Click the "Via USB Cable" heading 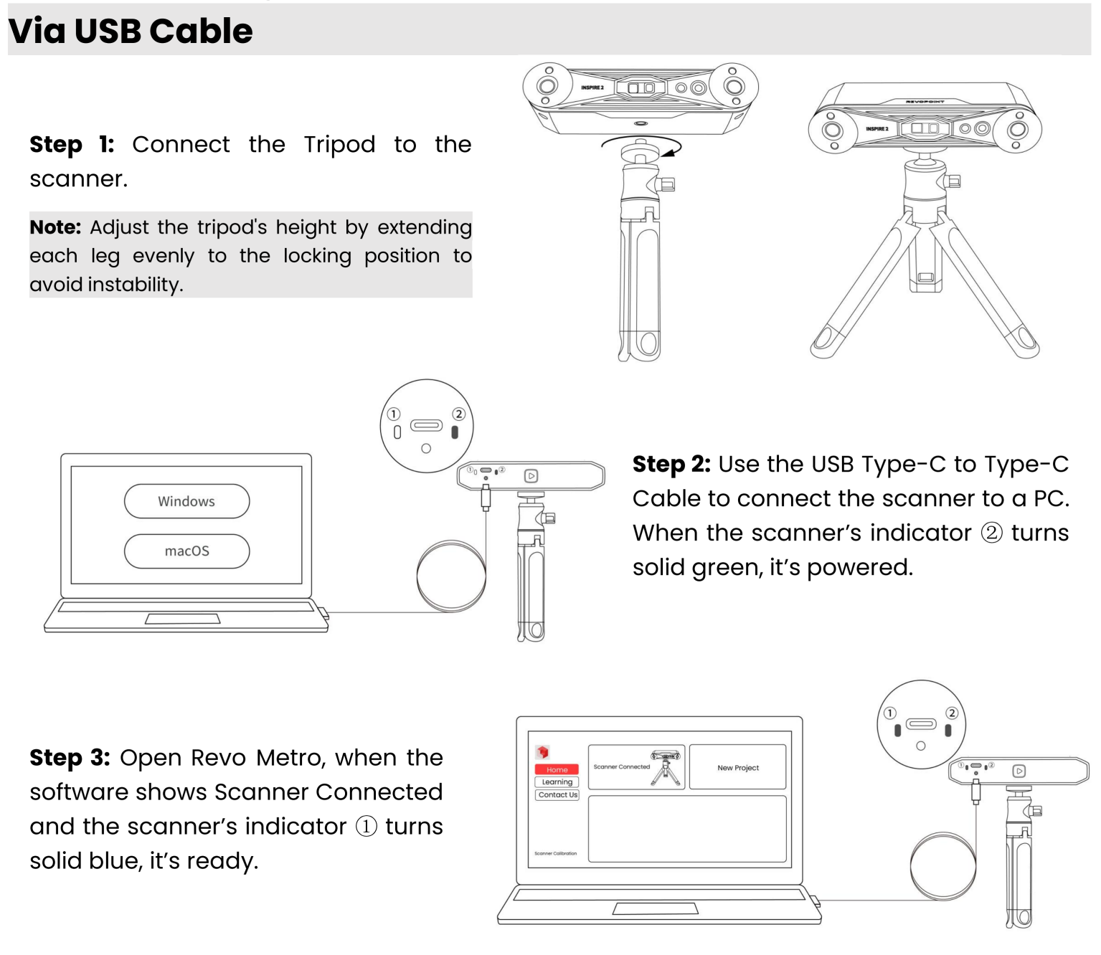click(x=131, y=31)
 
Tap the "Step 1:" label click(x=72, y=145)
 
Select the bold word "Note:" click(x=55, y=227)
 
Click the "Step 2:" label click(x=671, y=465)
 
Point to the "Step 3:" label click(x=70, y=758)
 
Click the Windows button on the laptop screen click(x=186, y=501)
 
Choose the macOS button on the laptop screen click(x=186, y=551)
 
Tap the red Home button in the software click(x=557, y=769)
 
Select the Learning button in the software click(x=557, y=782)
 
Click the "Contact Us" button click(x=557, y=795)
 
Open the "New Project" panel click(x=737, y=768)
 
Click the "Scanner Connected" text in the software click(x=621, y=767)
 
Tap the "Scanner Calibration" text click(x=555, y=853)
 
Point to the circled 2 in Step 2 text click(x=991, y=534)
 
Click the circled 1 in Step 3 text click(x=366, y=827)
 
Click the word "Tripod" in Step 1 click(x=339, y=145)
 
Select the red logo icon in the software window click(x=542, y=752)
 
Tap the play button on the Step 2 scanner click(x=531, y=476)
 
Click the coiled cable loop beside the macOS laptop click(x=451, y=576)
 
